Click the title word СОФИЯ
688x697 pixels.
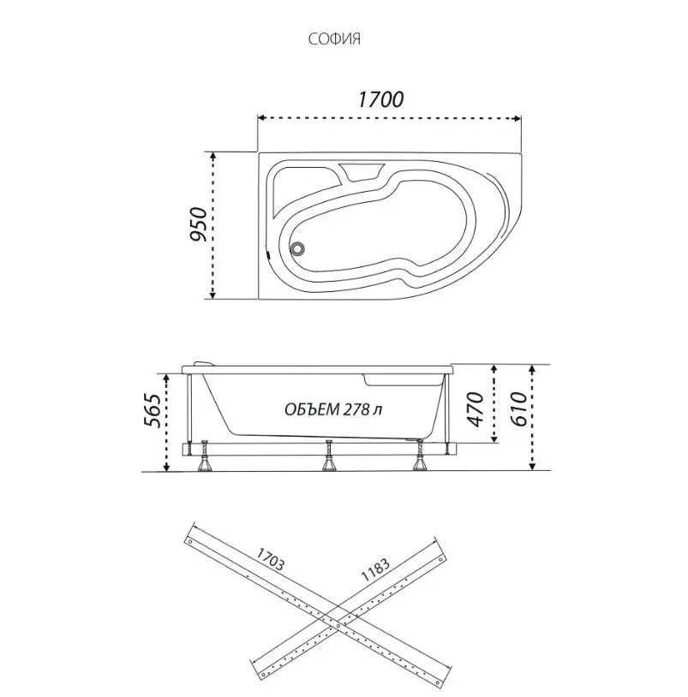[x=334, y=39]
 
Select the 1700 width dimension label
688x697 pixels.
[x=380, y=99]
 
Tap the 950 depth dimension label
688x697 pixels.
[x=199, y=224]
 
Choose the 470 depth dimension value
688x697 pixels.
[x=476, y=409]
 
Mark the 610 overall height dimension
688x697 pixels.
[x=519, y=409]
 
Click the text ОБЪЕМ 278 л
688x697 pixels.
[x=333, y=409]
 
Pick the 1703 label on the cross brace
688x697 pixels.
[x=270, y=559]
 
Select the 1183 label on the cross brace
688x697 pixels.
[x=375, y=569]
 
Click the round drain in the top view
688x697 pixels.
[x=296, y=248]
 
